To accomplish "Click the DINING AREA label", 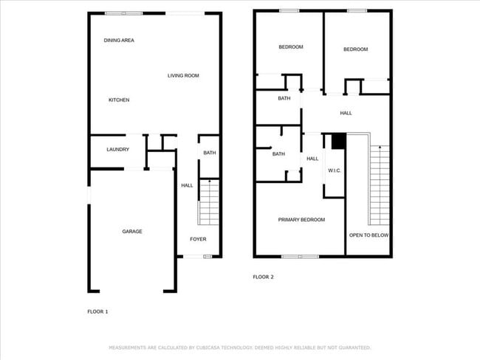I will click(x=119, y=40).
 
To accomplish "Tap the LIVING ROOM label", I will click(x=183, y=75).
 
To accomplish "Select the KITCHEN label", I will click(x=119, y=100).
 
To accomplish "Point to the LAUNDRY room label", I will click(x=118, y=150).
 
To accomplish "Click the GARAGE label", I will click(x=132, y=232).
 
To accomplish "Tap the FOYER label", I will click(x=198, y=239).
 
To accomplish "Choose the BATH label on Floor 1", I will click(x=210, y=153).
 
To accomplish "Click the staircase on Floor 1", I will click(x=209, y=202).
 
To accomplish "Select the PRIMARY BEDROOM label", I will click(x=301, y=220).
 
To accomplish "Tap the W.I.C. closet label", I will click(x=334, y=170).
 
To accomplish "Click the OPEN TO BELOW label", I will click(x=369, y=235).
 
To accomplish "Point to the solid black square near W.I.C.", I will click(x=339, y=140).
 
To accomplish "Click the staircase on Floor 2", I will click(x=379, y=184).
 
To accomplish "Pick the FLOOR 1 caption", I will click(x=97, y=312).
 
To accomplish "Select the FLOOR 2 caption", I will click(x=264, y=277).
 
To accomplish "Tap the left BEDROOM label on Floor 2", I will click(x=290, y=47).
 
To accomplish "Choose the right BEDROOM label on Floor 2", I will click(x=355, y=49).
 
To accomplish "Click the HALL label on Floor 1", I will click(x=187, y=185).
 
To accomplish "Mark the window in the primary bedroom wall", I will click(x=300, y=256).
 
